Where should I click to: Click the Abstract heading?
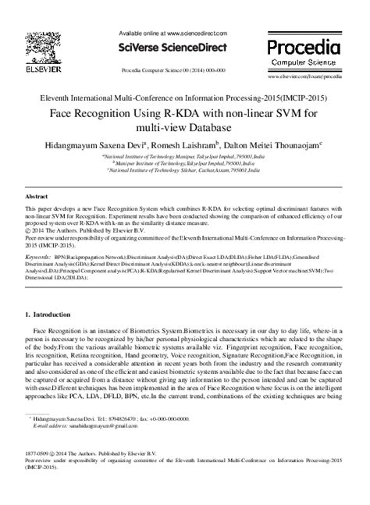tap(37, 198)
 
